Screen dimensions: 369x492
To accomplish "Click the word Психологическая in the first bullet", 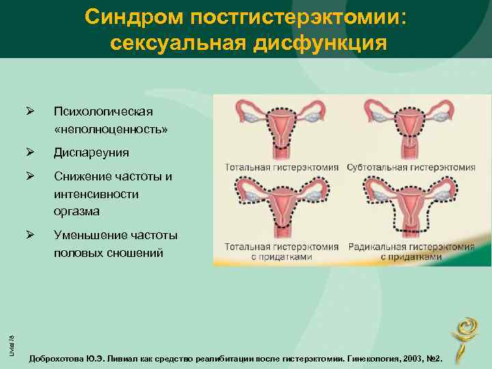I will [x=104, y=111].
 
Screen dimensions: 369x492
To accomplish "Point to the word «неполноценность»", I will [x=111, y=128].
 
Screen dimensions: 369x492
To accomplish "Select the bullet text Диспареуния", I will [x=92, y=152].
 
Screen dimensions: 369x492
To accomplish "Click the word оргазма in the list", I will [x=77, y=211].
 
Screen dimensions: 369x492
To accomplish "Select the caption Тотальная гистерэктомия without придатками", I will [x=282, y=167].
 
